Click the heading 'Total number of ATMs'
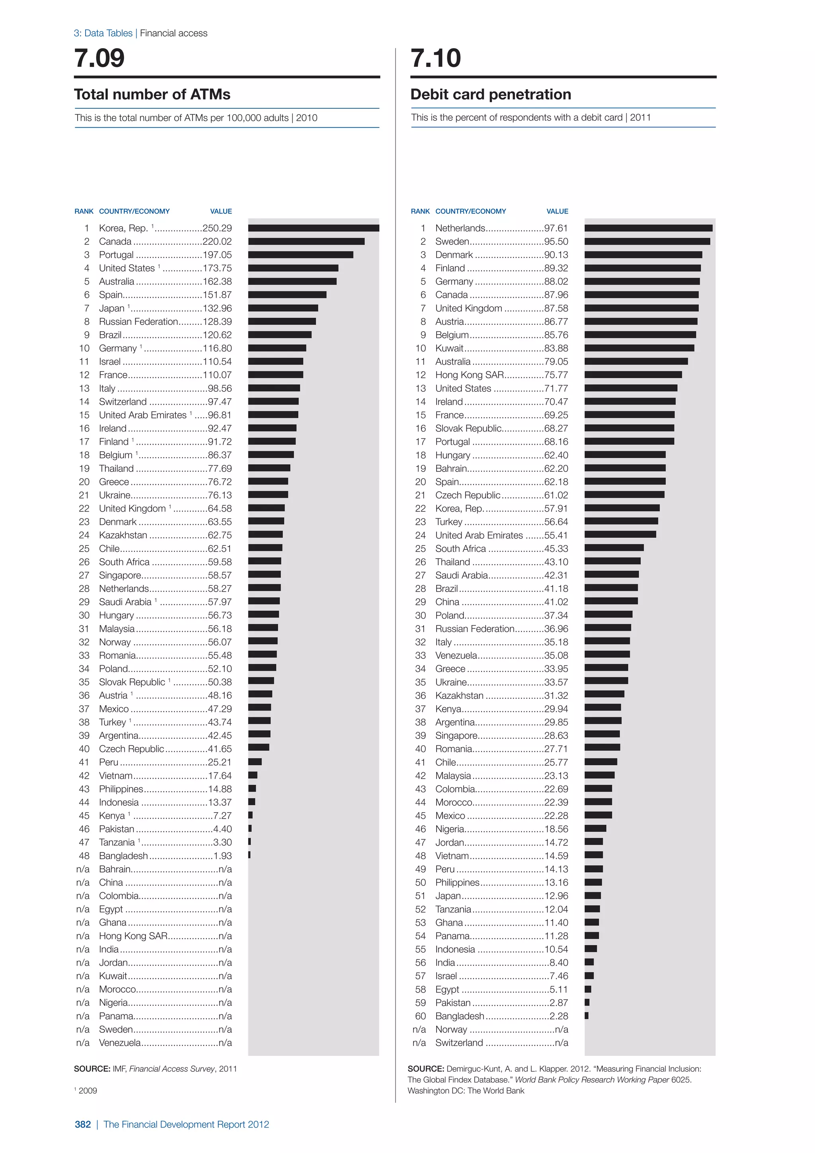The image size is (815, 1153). click(152, 94)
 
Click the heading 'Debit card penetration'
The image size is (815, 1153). click(490, 94)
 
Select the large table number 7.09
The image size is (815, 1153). click(99, 58)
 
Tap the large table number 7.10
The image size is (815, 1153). click(436, 58)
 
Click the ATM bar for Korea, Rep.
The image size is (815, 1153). click(313, 228)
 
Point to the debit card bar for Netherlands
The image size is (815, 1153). click(648, 228)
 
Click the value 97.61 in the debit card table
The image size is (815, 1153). click(556, 228)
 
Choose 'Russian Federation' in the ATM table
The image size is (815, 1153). click(138, 321)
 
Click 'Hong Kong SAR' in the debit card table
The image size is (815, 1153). click(469, 375)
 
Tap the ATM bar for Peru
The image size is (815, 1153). click(255, 762)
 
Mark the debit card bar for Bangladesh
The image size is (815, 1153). click(587, 1015)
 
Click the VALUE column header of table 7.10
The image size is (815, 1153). click(557, 211)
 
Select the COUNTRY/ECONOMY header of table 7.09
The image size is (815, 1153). click(134, 211)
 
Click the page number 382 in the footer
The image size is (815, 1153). click(83, 1124)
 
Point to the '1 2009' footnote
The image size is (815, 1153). click(86, 1090)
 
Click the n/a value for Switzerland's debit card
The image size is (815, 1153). click(561, 1043)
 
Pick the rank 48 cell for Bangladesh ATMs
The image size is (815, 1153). click(84, 856)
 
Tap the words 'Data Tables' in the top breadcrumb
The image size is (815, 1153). click(108, 33)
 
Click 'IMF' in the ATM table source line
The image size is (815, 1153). click(119, 1069)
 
